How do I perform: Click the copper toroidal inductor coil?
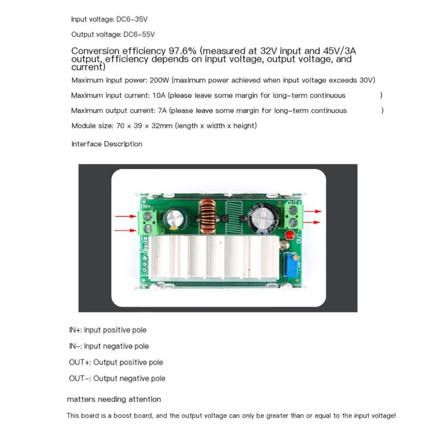(x=207, y=215)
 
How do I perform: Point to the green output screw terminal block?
(x=292, y=216)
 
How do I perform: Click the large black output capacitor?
(x=261, y=217)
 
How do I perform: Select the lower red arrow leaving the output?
(x=313, y=222)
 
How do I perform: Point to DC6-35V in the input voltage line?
(x=132, y=19)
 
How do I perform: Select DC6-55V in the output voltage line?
(x=140, y=34)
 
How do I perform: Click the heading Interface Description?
(x=107, y=144)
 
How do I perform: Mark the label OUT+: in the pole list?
(x=80, y=362)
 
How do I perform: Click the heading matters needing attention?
(x=114, y=399)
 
